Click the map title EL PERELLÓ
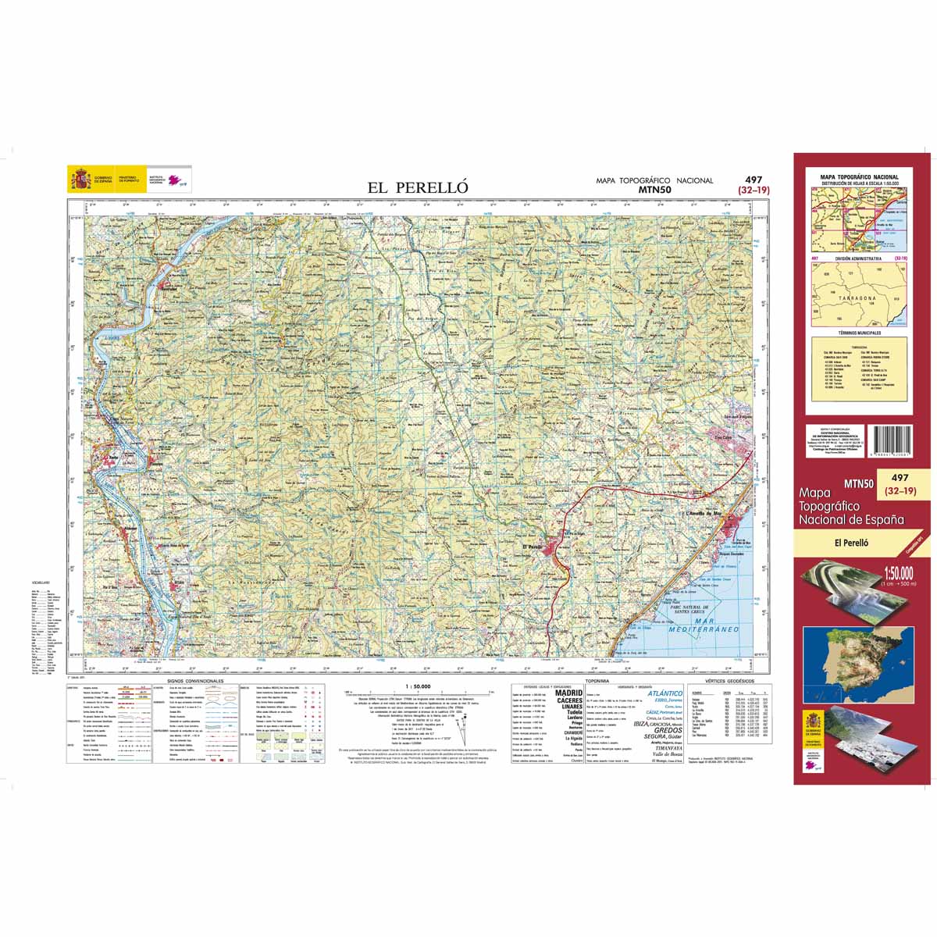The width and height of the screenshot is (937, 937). click(x=418, y=187)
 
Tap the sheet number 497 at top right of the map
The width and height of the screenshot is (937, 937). click(x=754, y=179)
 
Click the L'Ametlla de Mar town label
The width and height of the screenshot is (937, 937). click(x=706, y=513)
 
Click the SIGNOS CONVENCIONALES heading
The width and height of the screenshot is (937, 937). click(x=191, y=681)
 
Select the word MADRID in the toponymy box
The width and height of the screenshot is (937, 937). click(x=568, y=693)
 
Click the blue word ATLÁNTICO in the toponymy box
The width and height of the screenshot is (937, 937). click(x=664, y=693)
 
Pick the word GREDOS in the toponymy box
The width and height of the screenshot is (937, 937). click(x=668, y=730)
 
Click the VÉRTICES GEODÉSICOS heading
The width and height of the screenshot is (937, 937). click(x=727, y=682)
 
